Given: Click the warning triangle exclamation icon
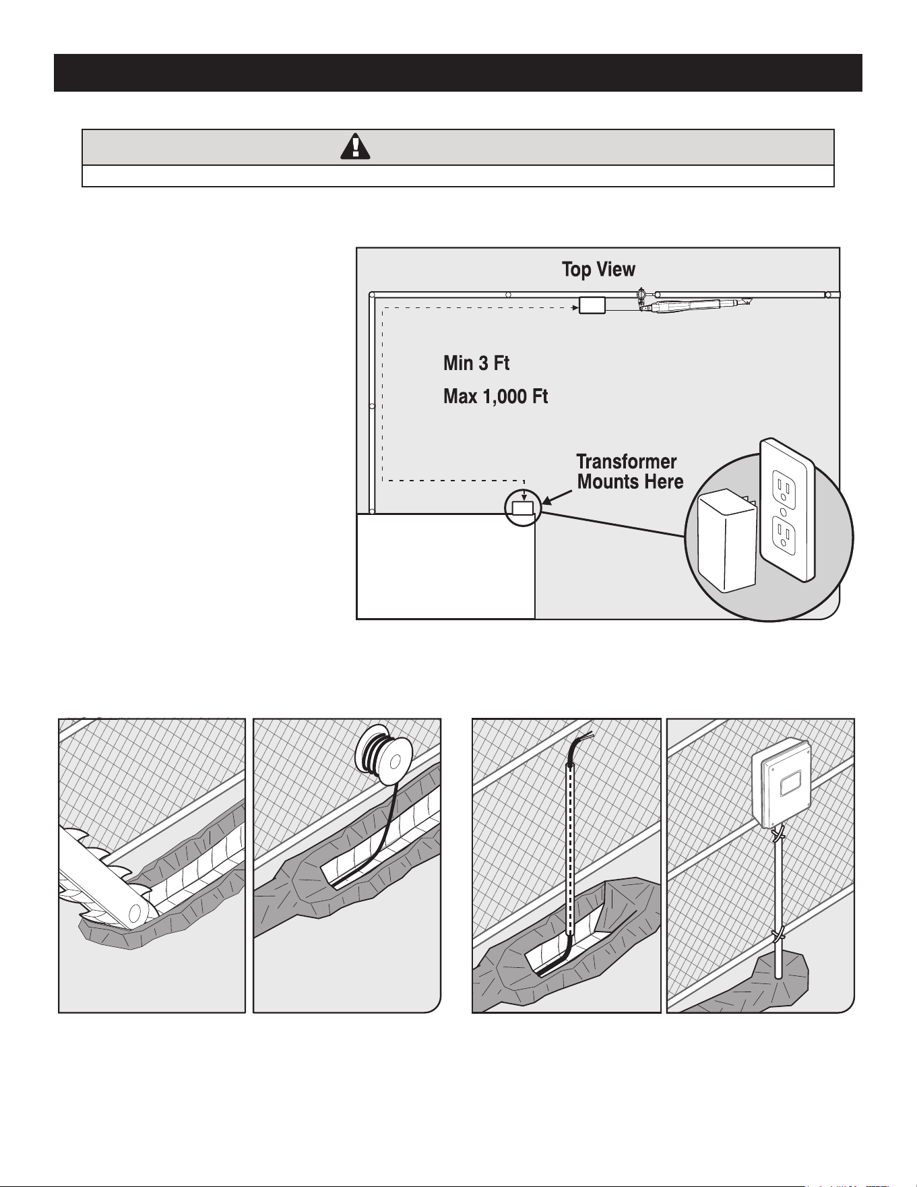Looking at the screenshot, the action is [355, 146].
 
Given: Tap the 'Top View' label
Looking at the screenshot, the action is [598, 270].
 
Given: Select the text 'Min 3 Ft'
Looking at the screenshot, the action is [476, 363].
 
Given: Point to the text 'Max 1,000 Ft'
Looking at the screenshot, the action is [495, 396].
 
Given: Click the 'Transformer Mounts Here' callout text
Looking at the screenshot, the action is [630, 472].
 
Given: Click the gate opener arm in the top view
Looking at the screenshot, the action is [694, 307].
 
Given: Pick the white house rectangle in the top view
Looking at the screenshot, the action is [446, 566].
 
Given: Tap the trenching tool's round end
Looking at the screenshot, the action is [135, 912].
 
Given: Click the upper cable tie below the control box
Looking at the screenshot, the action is [779, 836].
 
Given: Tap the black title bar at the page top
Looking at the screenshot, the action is [458, 73].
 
